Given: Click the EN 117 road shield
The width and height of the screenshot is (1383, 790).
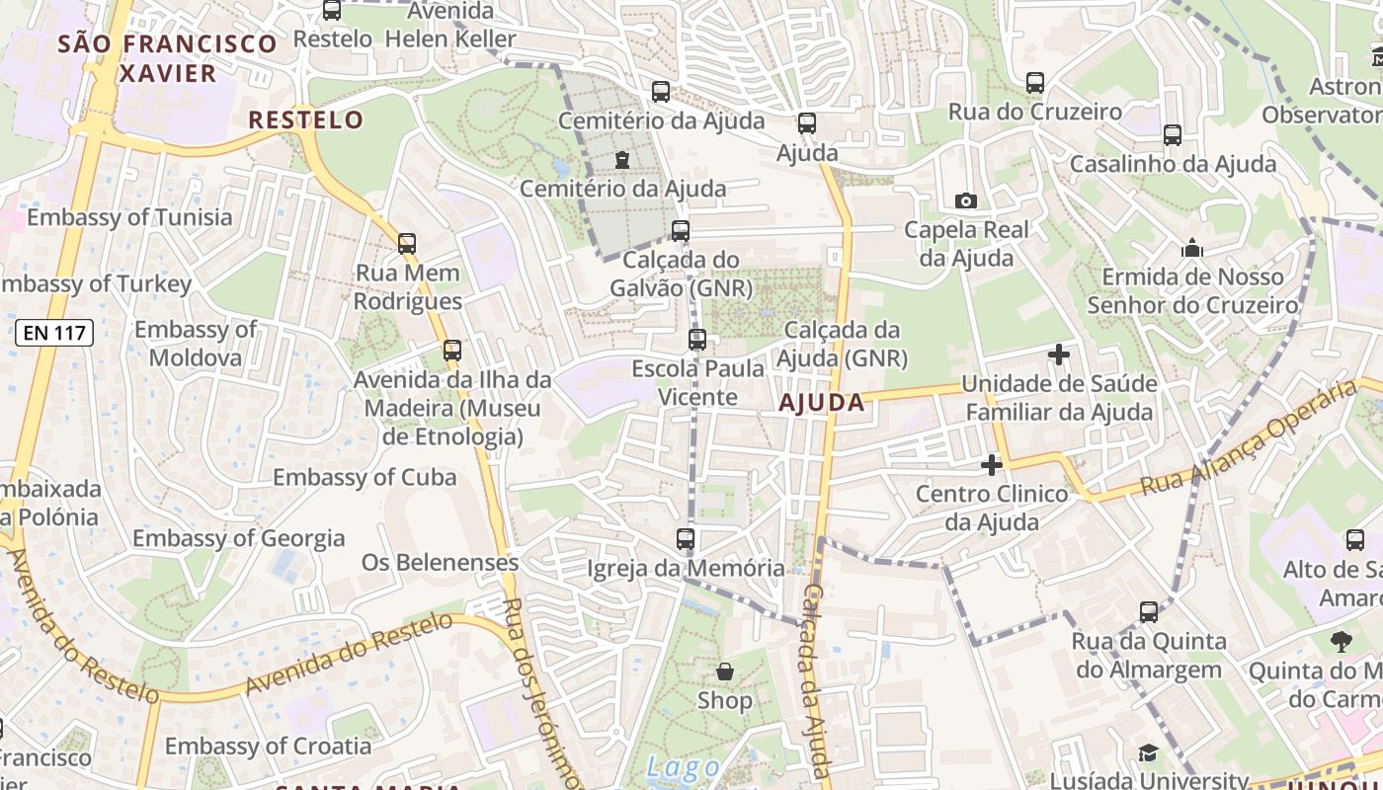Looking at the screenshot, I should [55, 333].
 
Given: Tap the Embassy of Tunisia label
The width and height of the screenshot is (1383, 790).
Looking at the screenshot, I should [129, 217].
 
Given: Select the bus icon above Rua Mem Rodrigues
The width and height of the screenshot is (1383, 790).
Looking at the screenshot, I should [407, 244].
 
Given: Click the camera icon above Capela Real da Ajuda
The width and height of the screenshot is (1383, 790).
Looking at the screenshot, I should [966, 201].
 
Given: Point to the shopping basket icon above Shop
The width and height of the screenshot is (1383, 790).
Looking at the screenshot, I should [725, 672].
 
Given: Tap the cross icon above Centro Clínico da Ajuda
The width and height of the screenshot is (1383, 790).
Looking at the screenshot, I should [992, 465].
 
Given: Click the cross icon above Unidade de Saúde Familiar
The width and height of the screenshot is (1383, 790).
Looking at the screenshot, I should [1059, 355].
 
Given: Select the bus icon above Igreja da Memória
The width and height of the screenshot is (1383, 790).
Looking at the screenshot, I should [686, 539].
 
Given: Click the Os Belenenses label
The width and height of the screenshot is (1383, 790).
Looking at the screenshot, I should [440, 563].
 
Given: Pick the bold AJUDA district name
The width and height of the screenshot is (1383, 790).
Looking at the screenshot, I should [822, 403].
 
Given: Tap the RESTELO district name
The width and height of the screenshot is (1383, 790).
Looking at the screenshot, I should [305, 120].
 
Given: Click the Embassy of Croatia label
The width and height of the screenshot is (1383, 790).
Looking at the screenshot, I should [268, 746].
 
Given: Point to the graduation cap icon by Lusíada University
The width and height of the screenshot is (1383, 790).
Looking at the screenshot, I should [1147, 754].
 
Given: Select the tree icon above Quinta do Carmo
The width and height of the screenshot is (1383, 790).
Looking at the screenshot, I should [1341, 643].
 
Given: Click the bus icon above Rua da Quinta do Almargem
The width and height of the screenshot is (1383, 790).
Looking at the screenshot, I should [1149, 612].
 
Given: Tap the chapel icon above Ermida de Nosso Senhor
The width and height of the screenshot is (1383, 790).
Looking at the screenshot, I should [1192, 248].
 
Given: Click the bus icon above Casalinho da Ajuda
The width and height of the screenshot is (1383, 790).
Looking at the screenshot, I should [1173, 135].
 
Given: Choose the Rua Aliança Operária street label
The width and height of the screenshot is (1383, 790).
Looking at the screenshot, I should [1250, 438].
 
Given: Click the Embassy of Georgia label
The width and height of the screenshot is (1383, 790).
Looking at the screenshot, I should [238, 539].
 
